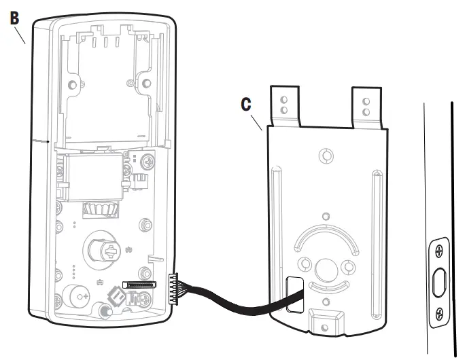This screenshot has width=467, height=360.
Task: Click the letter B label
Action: pos(14,17)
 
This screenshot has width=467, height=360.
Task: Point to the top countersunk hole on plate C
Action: pos(326,157)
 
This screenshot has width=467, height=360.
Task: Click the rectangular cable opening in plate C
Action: pos(295,293)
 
